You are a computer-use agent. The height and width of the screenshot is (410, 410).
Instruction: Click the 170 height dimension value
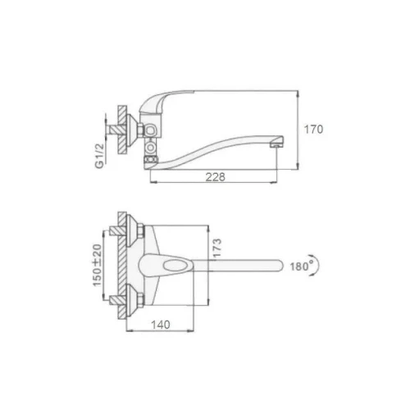(313, 130)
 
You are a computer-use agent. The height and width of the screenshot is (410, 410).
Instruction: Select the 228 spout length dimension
(216, 177)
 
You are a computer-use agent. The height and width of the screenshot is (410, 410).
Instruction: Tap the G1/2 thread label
(99, 156)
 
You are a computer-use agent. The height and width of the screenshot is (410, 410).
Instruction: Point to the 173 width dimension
(217, 248)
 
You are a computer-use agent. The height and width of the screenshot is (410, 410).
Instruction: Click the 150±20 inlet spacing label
(97, 265)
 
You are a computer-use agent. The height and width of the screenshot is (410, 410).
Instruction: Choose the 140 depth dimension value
(161, 325)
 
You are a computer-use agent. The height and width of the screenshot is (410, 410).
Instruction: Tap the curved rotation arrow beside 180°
(317, 265)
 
